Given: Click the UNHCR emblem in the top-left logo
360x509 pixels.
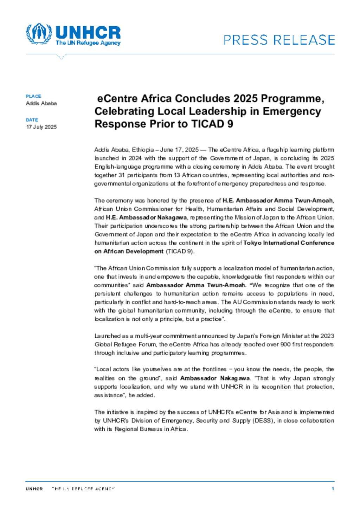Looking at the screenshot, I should coord(39,34).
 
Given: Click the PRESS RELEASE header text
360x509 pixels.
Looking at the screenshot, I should coord(279,40).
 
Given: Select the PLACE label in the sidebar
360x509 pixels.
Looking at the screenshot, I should coord(33,96).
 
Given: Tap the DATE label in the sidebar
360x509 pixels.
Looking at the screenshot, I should coord(32,120).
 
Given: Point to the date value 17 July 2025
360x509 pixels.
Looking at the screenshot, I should coord(41,127).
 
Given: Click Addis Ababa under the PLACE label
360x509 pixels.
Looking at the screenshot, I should coord(41,103).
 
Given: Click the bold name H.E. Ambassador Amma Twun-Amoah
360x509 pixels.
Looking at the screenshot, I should coord(278,201).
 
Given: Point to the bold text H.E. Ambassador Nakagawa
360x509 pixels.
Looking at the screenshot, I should coord(146,217).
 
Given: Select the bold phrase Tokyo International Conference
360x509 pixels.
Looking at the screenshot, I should coord(289,243).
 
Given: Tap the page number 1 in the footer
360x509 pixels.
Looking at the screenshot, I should coord(333,489).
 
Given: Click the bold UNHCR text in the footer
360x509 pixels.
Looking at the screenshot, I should coord(34,489).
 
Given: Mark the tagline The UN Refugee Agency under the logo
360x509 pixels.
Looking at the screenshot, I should coord(88,43).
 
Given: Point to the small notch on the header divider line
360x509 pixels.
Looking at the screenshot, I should coord(61,57).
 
